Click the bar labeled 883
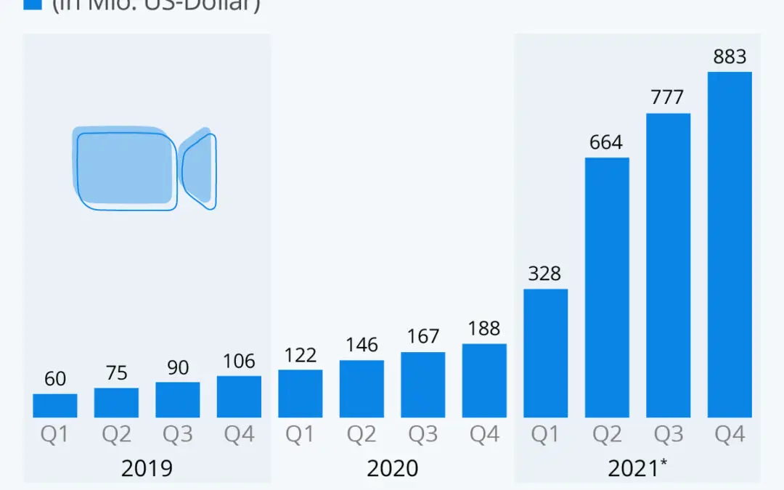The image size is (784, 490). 730,245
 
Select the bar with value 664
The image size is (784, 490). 607,287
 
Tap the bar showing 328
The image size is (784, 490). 545,354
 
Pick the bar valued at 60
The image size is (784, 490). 54,406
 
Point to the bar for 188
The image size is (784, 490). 484,380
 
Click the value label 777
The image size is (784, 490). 668,97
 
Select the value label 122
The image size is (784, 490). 300,354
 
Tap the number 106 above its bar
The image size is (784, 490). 239,360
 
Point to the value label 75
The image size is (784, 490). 116,372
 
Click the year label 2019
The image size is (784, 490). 147,468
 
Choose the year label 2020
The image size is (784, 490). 392,468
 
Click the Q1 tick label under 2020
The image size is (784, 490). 300,434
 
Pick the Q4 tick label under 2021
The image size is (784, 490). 730,434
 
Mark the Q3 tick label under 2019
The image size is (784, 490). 177,434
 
